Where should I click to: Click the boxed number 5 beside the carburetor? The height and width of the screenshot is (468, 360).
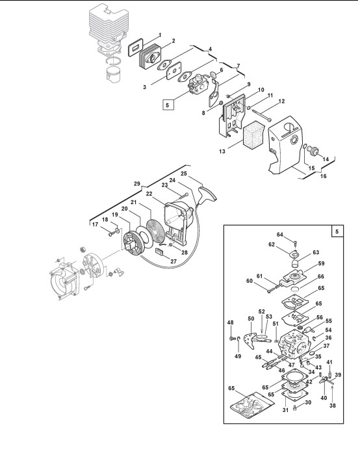(x=168, y=105)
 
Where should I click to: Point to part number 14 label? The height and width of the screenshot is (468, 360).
(x=326, y=159)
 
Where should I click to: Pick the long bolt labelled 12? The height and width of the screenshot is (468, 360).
(x=262, y=116)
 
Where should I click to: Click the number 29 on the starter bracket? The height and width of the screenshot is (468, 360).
(x=137, y=184)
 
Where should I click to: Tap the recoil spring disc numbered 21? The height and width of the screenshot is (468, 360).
(x=155, y=231)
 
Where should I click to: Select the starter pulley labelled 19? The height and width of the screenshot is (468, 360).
(x=133, y=244)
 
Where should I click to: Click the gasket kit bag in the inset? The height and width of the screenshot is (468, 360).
(x=252, y=405)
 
